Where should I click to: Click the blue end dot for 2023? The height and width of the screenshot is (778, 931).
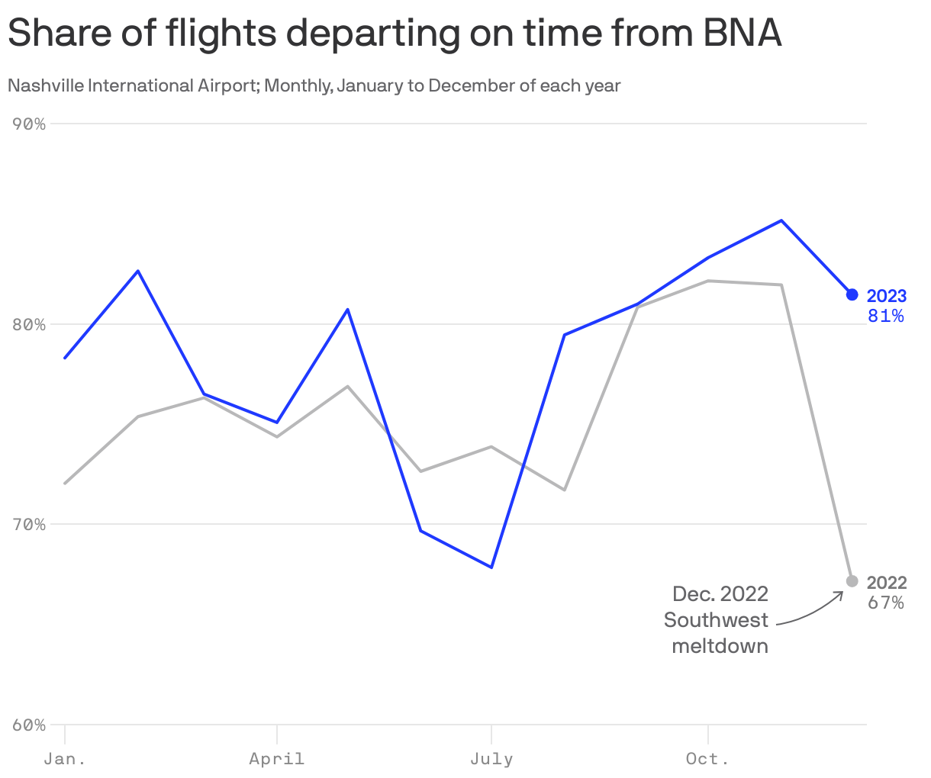click(852, 294)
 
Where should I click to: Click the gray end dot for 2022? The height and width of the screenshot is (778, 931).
click(852, 581)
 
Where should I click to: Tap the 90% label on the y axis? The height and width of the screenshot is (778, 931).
click(30, 124)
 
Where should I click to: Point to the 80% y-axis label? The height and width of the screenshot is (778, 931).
click(30, 324)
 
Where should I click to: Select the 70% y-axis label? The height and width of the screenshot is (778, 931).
click(30, 525)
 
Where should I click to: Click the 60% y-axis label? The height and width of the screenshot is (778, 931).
click(30, 725)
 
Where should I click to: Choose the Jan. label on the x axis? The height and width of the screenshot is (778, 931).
click(65, 759)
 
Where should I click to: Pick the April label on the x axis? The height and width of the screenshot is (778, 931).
click(276, 759)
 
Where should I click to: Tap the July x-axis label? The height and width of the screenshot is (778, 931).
click(491, 759)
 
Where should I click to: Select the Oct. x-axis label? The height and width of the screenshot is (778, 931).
click(707, 759)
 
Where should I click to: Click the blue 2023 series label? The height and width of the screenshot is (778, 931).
click(887, 296)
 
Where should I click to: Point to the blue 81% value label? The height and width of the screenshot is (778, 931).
click(886, 315)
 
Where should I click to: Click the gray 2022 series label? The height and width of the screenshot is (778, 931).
click(887, 583)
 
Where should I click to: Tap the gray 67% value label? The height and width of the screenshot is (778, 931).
click(886, 603)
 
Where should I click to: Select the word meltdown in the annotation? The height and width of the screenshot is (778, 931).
click(720, 646)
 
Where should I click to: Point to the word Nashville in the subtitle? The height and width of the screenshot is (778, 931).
click(45, 85)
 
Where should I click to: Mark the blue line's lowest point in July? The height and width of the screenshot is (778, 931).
click(491, 567)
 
